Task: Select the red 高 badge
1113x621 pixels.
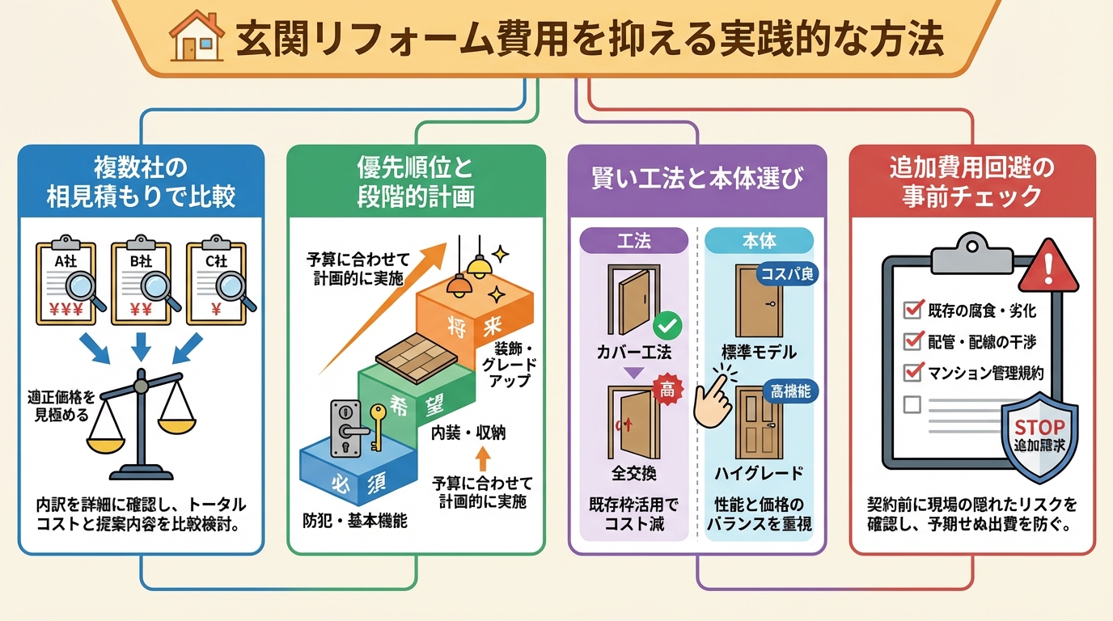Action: [668, 389]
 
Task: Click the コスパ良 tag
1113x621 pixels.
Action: [788, 274]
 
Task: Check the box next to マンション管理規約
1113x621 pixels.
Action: [913, 372]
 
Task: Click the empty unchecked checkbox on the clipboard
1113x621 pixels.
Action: [913, 403]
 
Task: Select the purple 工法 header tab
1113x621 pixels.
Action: [634, 240]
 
